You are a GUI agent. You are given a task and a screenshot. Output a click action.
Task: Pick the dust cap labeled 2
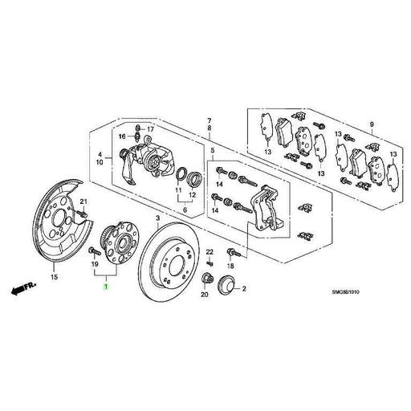click(224, 283)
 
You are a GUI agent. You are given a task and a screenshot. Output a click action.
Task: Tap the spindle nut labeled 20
click(205, 280)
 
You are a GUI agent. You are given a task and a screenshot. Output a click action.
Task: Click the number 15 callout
click(55, 278)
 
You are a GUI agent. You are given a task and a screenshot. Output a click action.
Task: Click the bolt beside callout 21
click(83, 215)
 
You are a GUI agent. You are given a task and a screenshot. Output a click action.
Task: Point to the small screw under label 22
click(209, 262)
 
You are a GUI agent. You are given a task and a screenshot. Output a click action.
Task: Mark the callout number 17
click(149, 128)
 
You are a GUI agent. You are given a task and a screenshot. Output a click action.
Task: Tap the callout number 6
click(185, 210)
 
